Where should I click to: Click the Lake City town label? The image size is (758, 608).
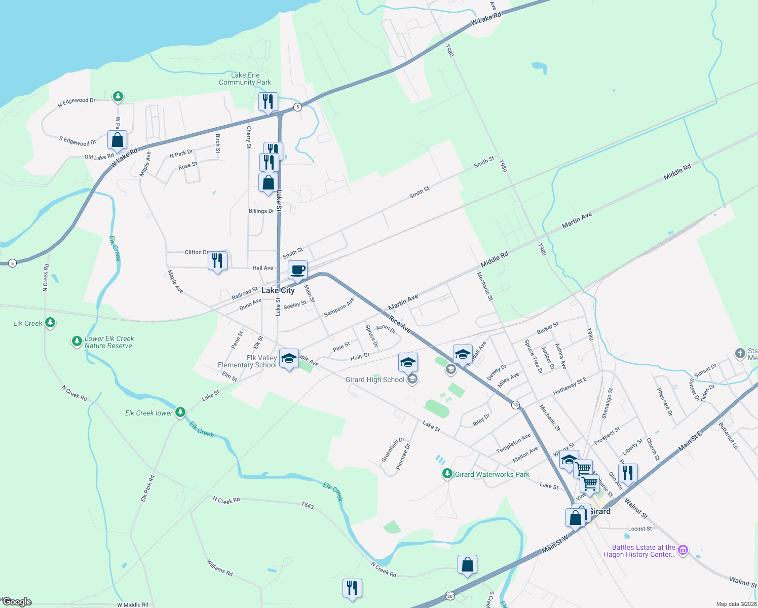[x=278, y=290]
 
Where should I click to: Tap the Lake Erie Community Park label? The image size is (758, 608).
[x=245, y=79]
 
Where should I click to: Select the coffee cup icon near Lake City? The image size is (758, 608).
[x=298, y=270]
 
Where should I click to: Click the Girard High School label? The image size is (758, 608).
[x=375, y=379]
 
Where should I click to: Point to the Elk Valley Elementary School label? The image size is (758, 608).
[x=247, y=361]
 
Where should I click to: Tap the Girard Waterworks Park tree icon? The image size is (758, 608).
[x=447, y=474]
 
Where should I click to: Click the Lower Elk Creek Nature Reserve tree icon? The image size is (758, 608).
[x=77, y=341]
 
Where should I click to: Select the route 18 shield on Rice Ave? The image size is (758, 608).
[x=515, y=405]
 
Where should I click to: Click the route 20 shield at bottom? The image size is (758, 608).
[x=450, y=596]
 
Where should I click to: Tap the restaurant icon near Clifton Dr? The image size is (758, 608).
[x=217, y=261]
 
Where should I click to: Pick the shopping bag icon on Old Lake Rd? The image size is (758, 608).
[x=117, y=140]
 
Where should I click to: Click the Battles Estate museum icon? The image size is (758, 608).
[x=683, y=550]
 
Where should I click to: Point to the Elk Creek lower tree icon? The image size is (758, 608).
[x=180, y=412]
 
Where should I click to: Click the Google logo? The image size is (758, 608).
[x=17, y=602]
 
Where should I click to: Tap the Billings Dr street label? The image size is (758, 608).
[x=261, y=211]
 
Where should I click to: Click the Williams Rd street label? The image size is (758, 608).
[x=219, y=567]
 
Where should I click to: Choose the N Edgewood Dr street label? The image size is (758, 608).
[x=77, y=103]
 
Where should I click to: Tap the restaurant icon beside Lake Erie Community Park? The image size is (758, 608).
[x=268, y=102]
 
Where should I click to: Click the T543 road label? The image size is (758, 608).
[x=308, y=505]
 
